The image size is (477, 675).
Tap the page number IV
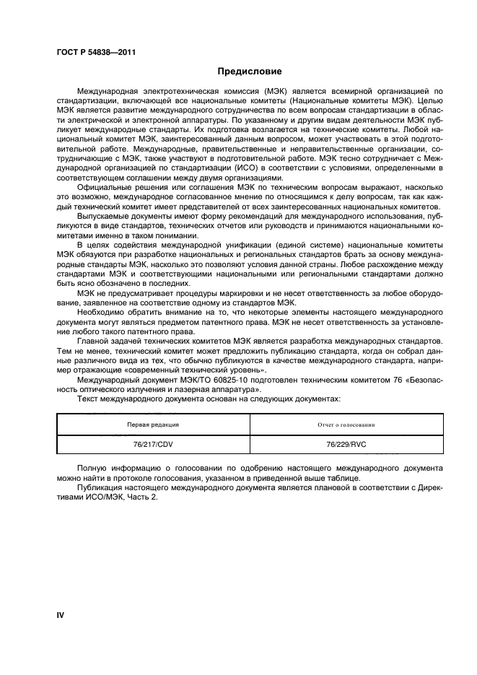click(x=61, y=615)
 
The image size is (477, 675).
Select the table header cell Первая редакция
click(x=153, y=425)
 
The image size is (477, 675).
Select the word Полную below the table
click(x=92, y=469)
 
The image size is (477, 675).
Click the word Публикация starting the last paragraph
click(x=100, y=497)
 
